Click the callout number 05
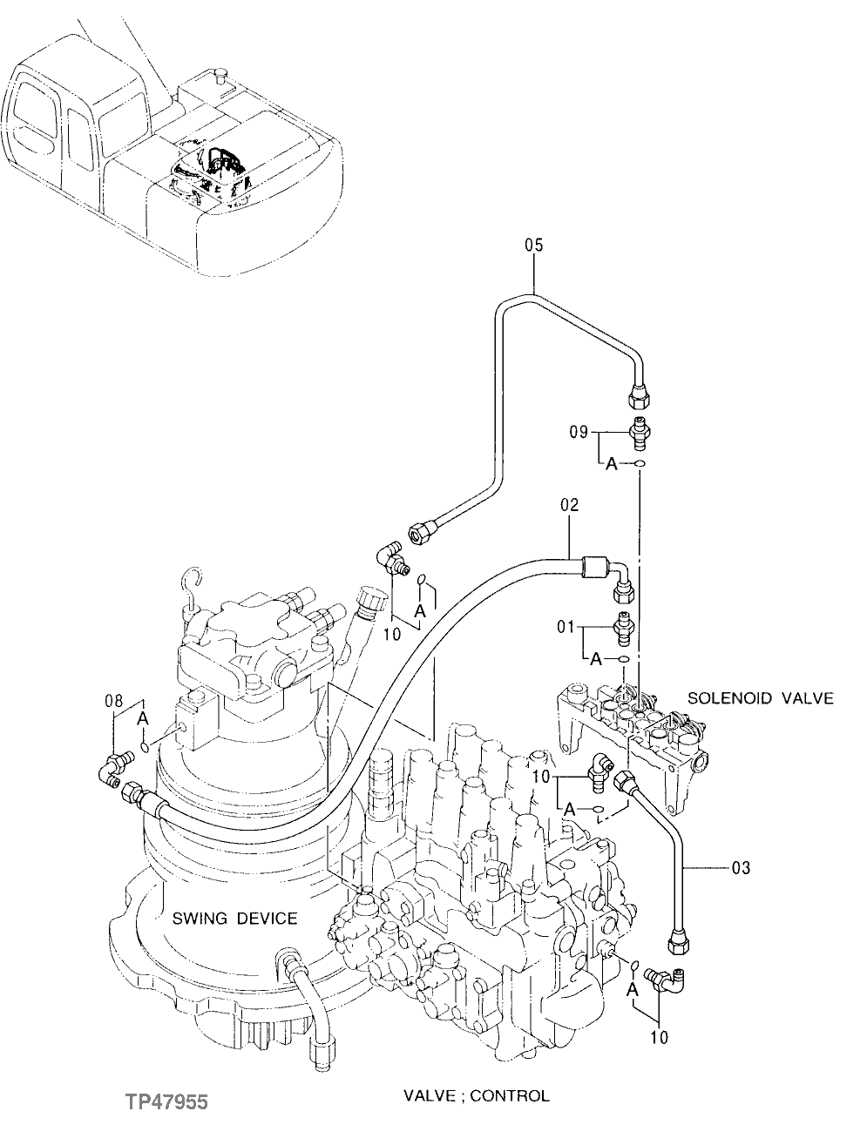(x=533, y=246)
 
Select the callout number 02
(x=569, y=505)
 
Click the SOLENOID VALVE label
(x=760, y=697)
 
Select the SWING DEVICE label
(x=234, y=918)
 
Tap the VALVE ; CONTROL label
(x=476, y=1095)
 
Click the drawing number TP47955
(x=165, y=1102)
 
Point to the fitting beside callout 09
(x=640, y=430)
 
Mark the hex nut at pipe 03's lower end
(x=678, y=944)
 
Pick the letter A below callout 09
(x=612, y=465)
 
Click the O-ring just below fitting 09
(x=640, y=465)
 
